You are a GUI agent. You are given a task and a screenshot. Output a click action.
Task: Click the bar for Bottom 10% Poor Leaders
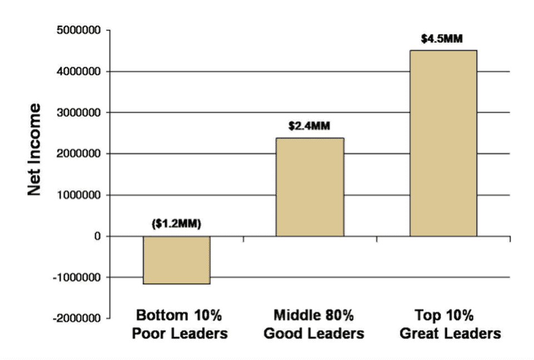click(x=176, y=260)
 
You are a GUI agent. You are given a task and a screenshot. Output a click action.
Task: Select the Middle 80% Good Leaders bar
click(x=310, y=187)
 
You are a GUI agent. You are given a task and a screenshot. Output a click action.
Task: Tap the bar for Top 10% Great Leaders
click(x=443, y=143)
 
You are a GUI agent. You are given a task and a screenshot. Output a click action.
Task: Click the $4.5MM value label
click(x=442, y=40)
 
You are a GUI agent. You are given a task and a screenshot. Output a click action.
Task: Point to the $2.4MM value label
click(x=309, y=126)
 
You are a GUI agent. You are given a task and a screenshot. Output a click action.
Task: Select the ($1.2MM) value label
click(x=176, y=225)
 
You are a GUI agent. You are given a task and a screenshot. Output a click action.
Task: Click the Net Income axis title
click(x=35, y=149)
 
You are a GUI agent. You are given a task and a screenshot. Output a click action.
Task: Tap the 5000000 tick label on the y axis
click(x=78, y=31)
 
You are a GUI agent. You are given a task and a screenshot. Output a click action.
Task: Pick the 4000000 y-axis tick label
click(x=78, y=72)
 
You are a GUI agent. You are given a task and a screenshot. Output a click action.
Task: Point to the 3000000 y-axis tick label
click(x=78, y=113)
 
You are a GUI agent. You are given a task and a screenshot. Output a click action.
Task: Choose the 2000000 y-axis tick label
click(x=78, y=154)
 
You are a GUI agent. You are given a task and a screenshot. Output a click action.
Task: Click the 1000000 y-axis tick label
click(x=78, y=195)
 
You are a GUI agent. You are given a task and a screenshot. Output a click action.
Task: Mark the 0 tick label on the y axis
click(x=97, y=236)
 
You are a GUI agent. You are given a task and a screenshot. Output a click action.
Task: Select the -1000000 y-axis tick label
click(x=77, y=278)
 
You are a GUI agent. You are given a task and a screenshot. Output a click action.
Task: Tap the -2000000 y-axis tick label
click(x=77, y=319)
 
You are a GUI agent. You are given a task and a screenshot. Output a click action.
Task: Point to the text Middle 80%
click(x=314, y=316)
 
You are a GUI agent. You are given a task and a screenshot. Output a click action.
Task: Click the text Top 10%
click(x=444, y=316)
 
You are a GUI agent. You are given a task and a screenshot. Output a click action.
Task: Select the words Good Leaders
click(x=314, y=334)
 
